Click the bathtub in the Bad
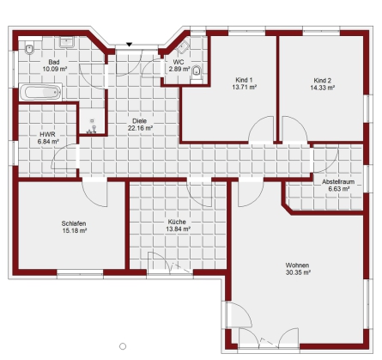click(40, 92)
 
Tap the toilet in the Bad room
click(29, 49)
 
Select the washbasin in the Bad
click(67, 42)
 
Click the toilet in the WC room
click(197, 73)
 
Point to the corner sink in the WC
click(183, 47)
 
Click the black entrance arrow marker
click(129, 45)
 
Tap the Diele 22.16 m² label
click(140, 125)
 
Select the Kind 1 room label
click(244, 80)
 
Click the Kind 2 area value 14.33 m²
click(323, 88)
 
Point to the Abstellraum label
click(338, 181)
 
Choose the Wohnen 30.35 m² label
click(298, 269)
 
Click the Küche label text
click(177, 222)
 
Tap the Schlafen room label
click(74, 223)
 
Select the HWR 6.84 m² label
click(48, 137)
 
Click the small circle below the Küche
click(123, 346)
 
